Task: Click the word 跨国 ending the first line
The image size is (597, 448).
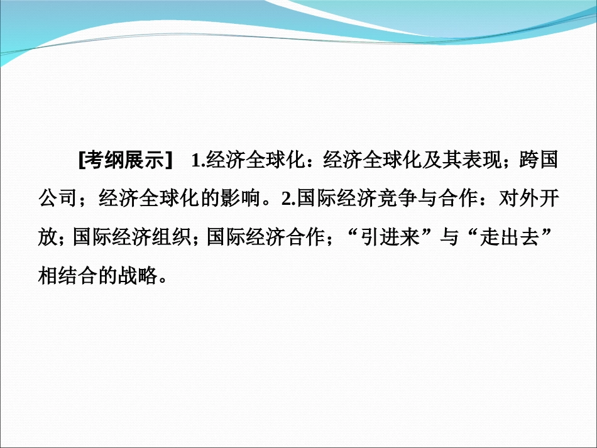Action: (x=539, y=161)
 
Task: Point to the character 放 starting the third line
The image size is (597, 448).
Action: (x=48, y=238)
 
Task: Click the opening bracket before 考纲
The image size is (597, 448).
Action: (x=82, y=161)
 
